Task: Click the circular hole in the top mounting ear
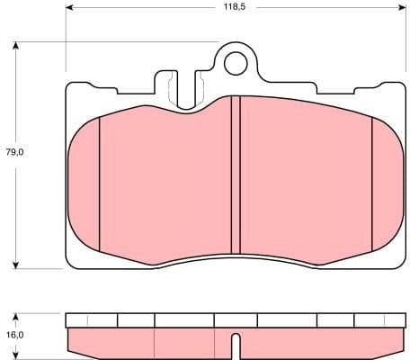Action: (x=235, y=62)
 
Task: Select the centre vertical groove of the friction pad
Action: (x=235, y=175)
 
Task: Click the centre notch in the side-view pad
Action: (x=235, y=346)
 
